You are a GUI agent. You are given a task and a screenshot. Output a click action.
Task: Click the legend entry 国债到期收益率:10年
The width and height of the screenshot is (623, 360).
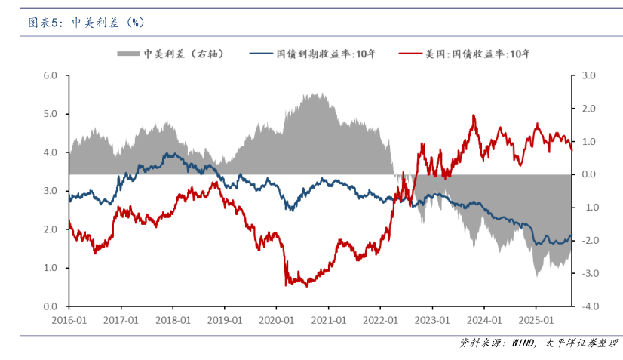coord(327,54)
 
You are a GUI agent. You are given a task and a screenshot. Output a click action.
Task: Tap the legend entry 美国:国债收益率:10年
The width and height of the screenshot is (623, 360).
coord(478,54)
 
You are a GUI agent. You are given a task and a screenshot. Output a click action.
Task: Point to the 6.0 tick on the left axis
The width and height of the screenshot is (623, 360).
coord(51,75)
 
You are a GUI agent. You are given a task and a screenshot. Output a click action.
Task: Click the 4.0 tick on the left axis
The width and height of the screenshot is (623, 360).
coord(51,152)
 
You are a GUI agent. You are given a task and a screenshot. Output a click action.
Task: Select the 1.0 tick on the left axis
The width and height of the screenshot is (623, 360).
coord(51,268)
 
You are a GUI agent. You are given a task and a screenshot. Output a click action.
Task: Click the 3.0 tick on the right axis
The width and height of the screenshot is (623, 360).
coord(587,75)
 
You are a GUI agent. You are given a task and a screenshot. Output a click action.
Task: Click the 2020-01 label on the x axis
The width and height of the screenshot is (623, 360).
coord(277,319)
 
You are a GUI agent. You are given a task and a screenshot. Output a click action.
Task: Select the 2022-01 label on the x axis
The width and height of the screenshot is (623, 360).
coord(380,319)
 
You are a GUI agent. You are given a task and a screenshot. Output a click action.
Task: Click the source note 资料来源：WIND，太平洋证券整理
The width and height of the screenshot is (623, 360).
coord(539,343)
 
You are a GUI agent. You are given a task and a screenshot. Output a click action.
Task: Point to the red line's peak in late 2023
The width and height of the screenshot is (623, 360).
coord(474,115)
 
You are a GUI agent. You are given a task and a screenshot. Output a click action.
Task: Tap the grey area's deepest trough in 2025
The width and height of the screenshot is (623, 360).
coord(537,276)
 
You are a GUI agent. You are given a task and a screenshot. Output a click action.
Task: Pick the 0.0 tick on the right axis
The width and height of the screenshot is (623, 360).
coord(587,174)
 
